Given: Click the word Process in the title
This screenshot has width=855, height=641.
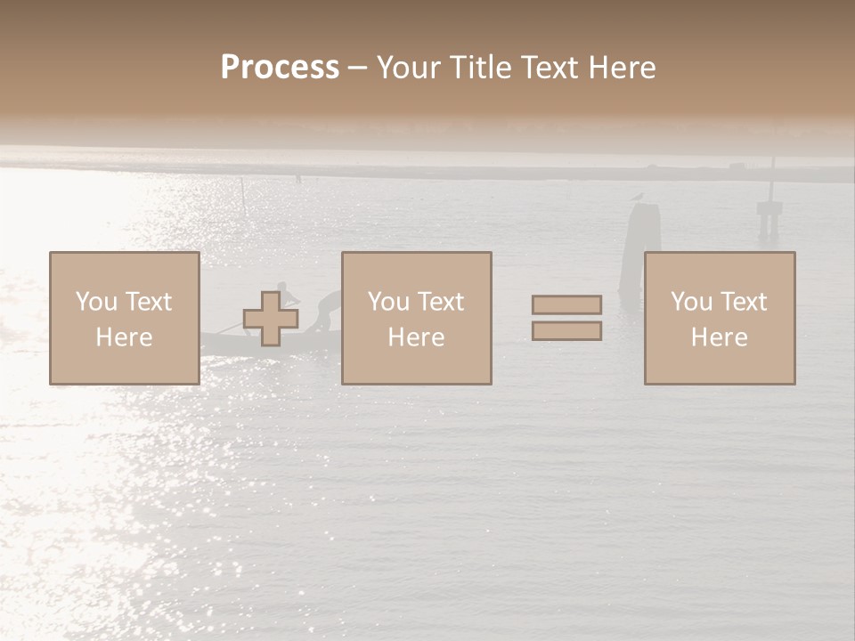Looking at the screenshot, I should [280, 68].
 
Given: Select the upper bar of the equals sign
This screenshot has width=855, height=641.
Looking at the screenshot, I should [566, 304].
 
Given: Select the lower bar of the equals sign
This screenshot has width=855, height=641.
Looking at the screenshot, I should [566, 331].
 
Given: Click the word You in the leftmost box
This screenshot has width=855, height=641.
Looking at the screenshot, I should [97, 302].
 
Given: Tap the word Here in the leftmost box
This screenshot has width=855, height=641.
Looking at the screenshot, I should [124, 337].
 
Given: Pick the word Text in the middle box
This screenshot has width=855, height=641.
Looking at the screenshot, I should [440, 302].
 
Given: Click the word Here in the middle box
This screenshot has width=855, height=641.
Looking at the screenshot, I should [416, 337].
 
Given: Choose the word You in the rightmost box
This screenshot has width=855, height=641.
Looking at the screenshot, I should [692, 302].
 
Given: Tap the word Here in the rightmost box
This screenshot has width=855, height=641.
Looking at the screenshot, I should [719, 337].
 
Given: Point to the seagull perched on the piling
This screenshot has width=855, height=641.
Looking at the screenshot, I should [637, 198].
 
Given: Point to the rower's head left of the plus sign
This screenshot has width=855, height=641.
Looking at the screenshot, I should [281, 288].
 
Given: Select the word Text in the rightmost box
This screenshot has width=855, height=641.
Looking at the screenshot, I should [743, 302].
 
